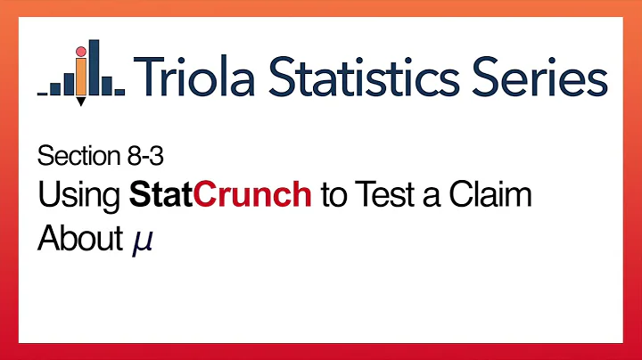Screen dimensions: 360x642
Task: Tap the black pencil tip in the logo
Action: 81,101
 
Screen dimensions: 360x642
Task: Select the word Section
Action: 74,158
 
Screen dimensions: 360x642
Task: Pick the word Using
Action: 78,197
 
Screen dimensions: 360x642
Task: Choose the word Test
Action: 388,197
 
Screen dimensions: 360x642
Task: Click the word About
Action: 77,238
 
